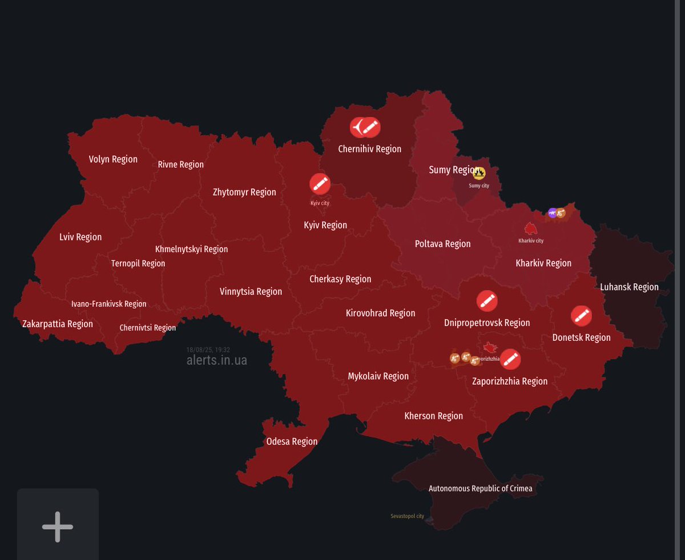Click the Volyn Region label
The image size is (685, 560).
pos(113,159)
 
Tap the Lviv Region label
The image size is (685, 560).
pos(80,237)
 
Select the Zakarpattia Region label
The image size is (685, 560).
pos(57,324)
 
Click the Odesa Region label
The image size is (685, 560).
pos(292,441)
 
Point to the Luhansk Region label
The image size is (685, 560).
pos(629,287)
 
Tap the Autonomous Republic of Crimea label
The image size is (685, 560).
pos(480,488)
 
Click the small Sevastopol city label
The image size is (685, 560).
pos(407,516)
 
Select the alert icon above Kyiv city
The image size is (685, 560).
pos(320,184)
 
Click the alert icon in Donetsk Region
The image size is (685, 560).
pos(581,315)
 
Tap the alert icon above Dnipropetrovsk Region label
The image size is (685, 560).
pos(486,301)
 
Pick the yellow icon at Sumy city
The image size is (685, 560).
pos(479,174)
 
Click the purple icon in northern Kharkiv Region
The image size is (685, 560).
pos(552,213)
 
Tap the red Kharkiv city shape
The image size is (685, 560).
pos(531,229)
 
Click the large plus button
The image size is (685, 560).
pos(58,526)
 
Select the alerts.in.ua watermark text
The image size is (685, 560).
pos(216,360)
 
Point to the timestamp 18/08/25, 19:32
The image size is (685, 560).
pos(208,350)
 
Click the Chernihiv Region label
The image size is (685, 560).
pos(369,149)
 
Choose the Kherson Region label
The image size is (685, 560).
pos(433,416)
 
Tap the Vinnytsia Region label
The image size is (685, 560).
pos(251,291)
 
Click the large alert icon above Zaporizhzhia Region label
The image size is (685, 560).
pos(510,359)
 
